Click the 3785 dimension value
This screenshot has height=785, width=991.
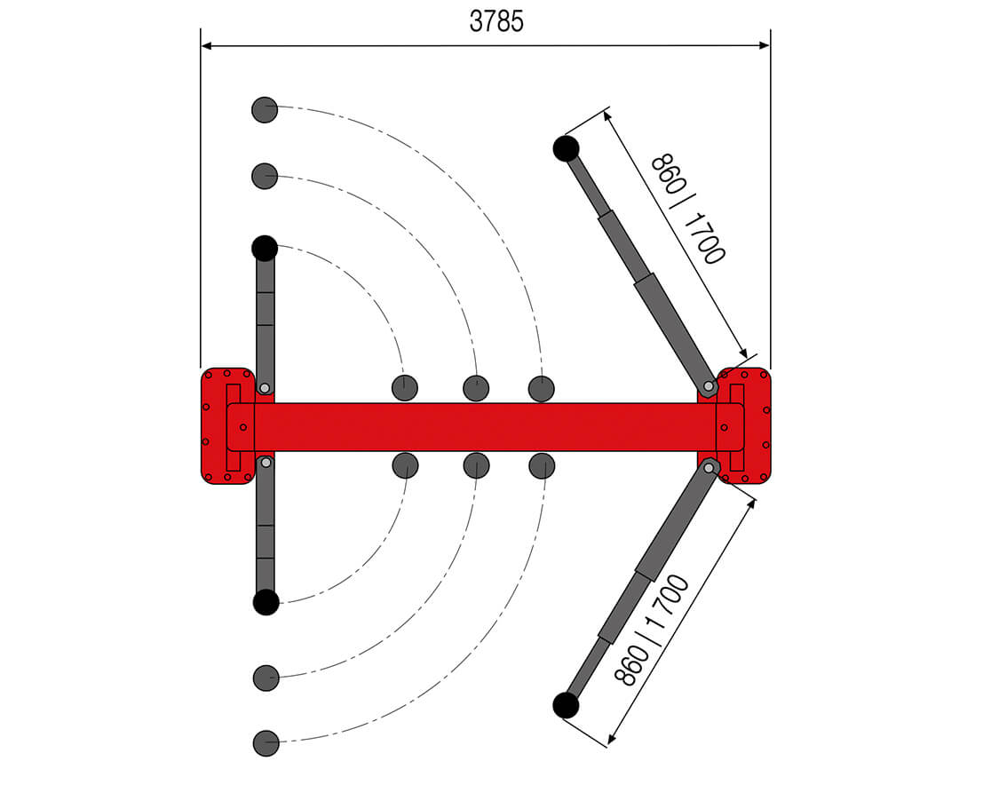point(496,21)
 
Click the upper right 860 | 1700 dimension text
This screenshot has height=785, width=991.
point(688,209)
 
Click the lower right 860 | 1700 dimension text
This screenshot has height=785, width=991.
point(652,630)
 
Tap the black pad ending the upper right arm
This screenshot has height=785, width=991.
point(566,148)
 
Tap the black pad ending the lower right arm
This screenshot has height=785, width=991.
point(566,705)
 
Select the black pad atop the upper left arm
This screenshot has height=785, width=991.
point(265,249)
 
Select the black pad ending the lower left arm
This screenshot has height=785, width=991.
point(266,602)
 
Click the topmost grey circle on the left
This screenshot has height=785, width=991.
point(265,110)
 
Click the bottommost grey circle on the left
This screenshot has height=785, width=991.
point(266,743)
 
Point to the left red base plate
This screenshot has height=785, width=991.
point(227,426)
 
